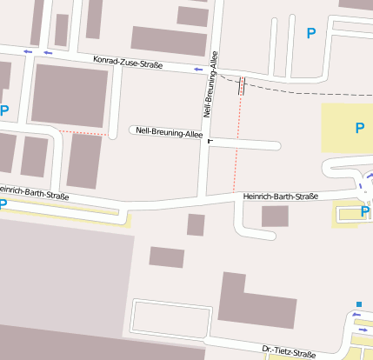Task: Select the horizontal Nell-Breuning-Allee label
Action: point(170,134)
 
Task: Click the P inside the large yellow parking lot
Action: point(360,128)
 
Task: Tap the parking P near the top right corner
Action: point(311,33)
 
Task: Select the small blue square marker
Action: point(358,304)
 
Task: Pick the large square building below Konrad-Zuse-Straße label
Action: point(70,95)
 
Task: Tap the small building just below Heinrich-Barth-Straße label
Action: point(275,217)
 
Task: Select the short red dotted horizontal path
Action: point(83,133)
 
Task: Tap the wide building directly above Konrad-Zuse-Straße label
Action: point(169,40)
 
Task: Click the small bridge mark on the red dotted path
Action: point(241,84)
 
